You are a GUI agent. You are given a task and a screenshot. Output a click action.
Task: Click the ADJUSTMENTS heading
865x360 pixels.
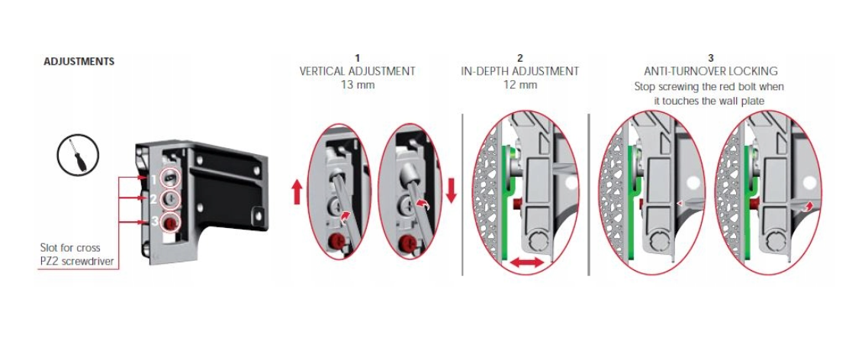pyautogui.click(x=79, y=62)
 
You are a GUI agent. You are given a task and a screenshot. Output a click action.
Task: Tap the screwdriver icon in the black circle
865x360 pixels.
pyautogui.click(x=79, y=155)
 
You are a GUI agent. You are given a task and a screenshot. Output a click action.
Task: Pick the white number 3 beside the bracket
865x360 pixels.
pyautogui.click(x=155, y=222)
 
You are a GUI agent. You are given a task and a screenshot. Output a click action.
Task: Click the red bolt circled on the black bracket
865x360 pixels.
pyautogui.click(x=171, y=222)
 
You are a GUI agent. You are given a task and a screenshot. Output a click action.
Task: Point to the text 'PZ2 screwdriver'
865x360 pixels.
pyautogui.click(x=76, y=261)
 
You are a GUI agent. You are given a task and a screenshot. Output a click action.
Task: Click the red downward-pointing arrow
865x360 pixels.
pyautogui.click(x=452, y=191)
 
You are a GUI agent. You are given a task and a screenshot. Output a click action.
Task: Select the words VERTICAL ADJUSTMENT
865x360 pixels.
pyautogui.click(x=358, y=71)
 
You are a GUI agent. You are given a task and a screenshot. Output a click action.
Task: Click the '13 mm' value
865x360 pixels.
pyautogui.click(x=358, y=85)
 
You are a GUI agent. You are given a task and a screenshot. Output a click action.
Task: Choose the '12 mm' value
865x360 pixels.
pyautogui.click(x=520, y=85)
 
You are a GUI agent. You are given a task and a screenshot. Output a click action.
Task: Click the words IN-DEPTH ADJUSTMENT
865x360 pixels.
pyautogui.click(x=520, y=71)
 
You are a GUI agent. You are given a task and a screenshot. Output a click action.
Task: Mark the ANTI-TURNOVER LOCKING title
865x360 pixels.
pyautogui.click(x=711, y=71)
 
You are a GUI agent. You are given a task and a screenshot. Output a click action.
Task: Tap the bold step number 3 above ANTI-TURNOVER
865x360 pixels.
pyautogui.click(x=711, y=58)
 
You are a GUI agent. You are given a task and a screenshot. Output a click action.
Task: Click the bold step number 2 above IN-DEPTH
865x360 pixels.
pyautogui.click(x=520, y=58)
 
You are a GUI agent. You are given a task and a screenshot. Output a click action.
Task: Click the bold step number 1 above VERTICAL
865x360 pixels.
pyautogui.click(x=358, y=58)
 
